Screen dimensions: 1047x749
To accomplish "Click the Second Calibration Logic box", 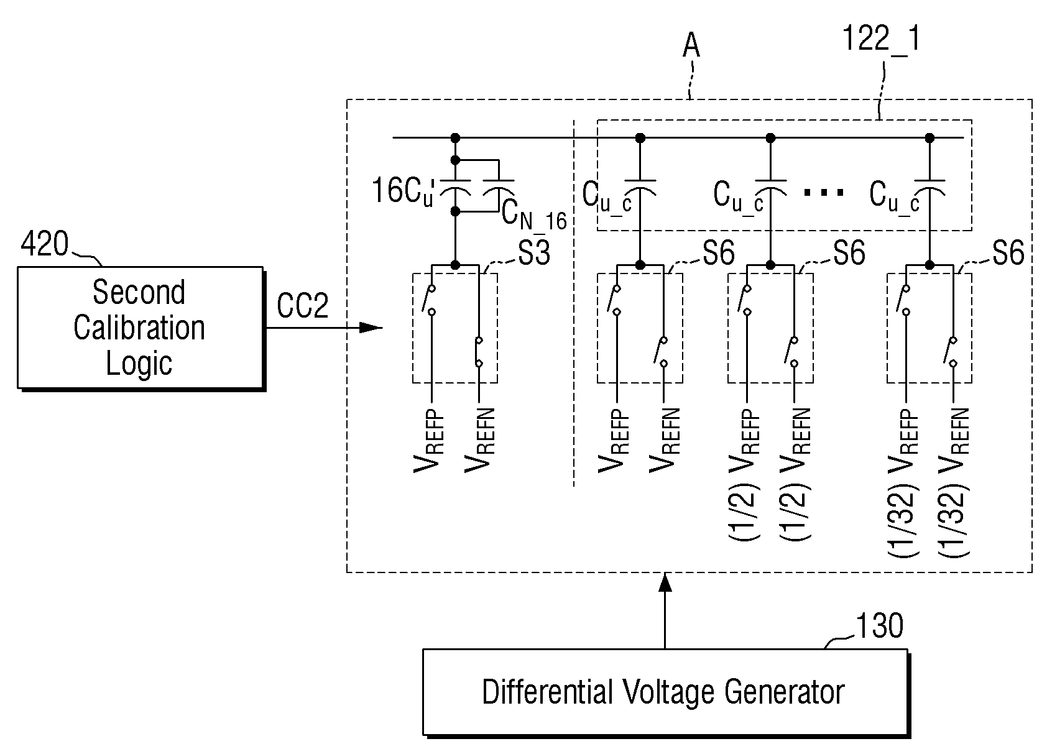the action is tap(141, 328).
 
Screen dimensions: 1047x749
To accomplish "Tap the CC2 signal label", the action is tap(302, 305).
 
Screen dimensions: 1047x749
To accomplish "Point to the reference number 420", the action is tap(44, 244).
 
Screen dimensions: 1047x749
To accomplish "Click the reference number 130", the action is tap(879, 626).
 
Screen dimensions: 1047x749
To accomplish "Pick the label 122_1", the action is tap(881, 39).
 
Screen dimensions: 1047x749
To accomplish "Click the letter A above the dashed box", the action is tap(691, 46).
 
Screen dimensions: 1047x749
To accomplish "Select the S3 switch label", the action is tap(534, 253).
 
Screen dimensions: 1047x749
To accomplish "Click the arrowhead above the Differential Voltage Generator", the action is tap(665, 583).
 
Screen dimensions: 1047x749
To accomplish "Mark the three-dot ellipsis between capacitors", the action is tap(824, 192).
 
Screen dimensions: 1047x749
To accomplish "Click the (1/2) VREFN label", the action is tap(795, 475).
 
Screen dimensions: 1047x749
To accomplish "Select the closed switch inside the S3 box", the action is tap(479, 351).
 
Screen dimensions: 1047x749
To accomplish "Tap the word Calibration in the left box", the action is tap(139, 328).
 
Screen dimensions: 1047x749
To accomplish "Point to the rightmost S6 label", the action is tap(1008, 253).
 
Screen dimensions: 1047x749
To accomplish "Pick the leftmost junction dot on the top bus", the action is tap(455, 138).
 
